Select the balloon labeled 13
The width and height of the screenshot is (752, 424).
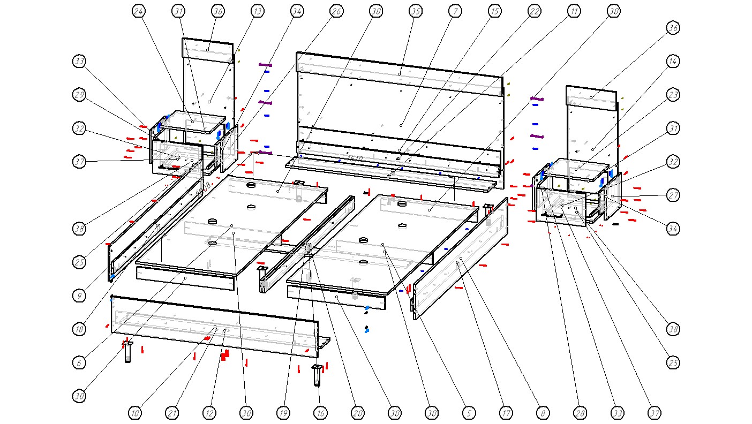click(258, 11)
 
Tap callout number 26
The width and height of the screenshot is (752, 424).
click(336, 11)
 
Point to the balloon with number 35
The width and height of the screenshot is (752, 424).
click(415, 11)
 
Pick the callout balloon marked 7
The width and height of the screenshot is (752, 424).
click(455, 11)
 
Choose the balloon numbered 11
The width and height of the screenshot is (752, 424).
click(574, 11)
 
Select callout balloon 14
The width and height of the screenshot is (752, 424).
click(673, 62)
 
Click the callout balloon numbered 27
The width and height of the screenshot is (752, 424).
click(673, 195)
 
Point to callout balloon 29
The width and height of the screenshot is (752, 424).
click(79, 95)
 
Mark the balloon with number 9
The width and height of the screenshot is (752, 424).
click(79, 295)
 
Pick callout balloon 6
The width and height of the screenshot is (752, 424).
click(79, 362)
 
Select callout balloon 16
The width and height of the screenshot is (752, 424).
click(320, 413)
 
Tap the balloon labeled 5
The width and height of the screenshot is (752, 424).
click(469, 413)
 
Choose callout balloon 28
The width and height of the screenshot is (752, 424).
click(580, 413)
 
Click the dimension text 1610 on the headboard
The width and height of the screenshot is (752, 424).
click(355, 159)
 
